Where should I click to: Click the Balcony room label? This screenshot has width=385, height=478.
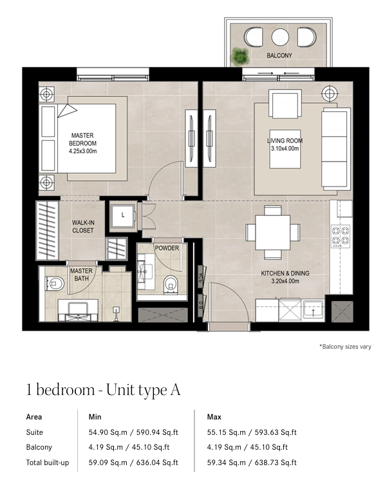click(x=279, y=55)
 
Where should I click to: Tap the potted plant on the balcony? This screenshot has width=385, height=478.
click(x=239, y=57)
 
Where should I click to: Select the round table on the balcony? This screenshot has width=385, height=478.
click(x=280, y=37)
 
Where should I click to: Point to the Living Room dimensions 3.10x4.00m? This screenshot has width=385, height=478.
click(x=285, y=149)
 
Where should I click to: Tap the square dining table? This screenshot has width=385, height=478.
click(x=273, y=232)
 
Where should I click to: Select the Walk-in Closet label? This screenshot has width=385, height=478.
click(x=82, y=226)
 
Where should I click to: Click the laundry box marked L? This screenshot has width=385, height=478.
click(x=122, y=216)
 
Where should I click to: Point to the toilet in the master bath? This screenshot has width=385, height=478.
click(x=55, y=284)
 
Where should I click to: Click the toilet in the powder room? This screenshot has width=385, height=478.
click(x=170, y=284)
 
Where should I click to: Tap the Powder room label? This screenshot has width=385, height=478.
click(x=167, y=248)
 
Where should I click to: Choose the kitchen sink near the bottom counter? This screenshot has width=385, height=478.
click(x=313, y=309)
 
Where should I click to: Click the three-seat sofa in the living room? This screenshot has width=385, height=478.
click(x=336, y=149)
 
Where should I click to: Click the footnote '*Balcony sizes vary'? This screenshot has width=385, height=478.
click(x=345, y=347)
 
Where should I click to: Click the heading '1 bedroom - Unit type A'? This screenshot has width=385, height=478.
click(x=103, y=390)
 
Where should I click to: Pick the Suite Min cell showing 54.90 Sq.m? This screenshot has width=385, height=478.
click(x=108, y=432)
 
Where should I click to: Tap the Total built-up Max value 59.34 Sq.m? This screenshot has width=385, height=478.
click(x=226, y=463)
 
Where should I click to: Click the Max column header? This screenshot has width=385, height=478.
click(x=214, y=417)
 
